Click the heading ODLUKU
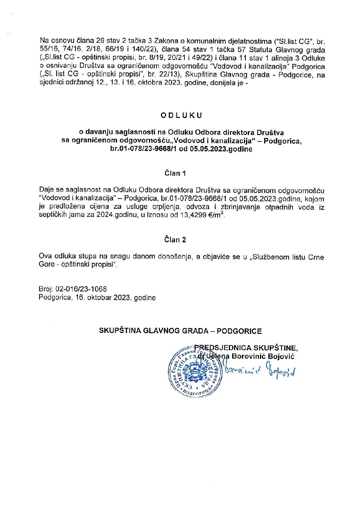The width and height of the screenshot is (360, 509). tap(181, 115)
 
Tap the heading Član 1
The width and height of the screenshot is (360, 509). tap(175, 173)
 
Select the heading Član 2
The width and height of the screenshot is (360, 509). tap(175, 240)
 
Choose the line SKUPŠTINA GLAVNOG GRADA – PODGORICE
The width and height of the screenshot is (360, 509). tap(180, 331)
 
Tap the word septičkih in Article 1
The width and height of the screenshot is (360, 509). tap(54, 215)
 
